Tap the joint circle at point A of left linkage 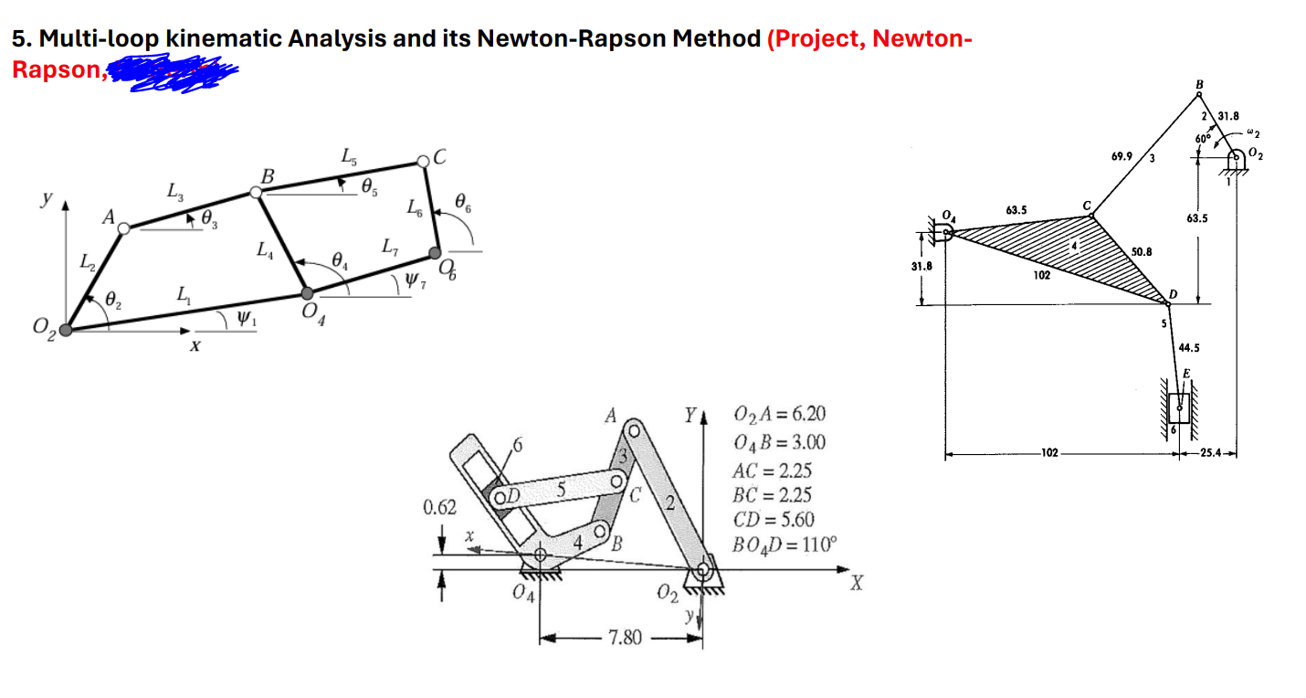tap(124, 228)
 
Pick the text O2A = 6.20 tap(779, 416)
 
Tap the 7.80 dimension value tap(626, 637)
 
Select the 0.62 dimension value tap(440, 507)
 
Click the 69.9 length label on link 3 tap(1123, 157)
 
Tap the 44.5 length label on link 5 tap(1190, 347)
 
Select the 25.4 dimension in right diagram tap(1207, 452)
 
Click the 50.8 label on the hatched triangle tap(1142, 250)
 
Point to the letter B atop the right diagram tap(1199, 84)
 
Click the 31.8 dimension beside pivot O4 tap(922, 267)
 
